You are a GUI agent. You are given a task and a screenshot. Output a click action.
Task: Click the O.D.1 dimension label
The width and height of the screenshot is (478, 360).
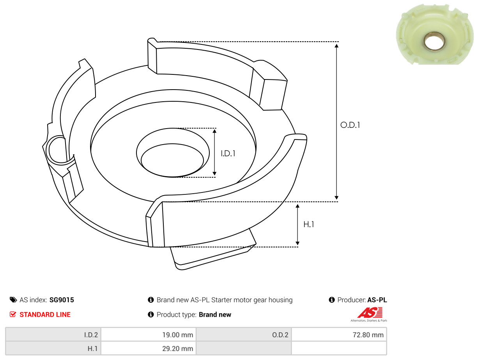tap(350, 125)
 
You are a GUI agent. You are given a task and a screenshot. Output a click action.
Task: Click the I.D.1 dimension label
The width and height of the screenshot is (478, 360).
tap(228, 154)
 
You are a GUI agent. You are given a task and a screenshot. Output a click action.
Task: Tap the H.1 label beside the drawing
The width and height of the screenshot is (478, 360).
tap(308, 224)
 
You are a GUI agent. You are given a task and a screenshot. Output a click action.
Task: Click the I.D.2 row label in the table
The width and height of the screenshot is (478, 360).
tap(91, 335)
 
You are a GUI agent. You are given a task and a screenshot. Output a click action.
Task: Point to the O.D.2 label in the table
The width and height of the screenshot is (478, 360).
tap(280, 335)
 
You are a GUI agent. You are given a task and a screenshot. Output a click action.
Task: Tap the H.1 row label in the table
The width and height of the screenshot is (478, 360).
tap(92, 348)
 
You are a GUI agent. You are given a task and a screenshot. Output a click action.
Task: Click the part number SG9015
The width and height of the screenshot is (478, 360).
tap(62, 300)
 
